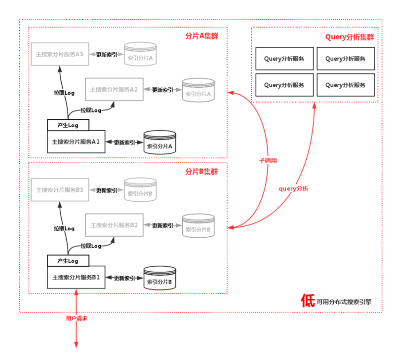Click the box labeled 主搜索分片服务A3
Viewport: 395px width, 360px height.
(x=59, y=54)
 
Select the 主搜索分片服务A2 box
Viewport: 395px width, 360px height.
(x=114, y=90)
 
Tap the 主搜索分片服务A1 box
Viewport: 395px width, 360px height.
(x=76, y=142)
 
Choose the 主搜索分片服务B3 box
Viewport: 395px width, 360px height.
(x=59, y=190)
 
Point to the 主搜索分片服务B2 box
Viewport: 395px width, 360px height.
(x=114, y=225)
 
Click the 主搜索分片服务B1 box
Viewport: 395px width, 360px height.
(x=76, y=277)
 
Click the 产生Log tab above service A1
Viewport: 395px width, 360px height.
(x=68, y=125)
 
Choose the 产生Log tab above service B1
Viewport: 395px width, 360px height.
(x=68, y=260)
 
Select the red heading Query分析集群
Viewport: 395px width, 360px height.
(x=349, y=37)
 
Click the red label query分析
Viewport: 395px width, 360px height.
(x=294, y=188)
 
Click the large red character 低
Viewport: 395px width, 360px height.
(x=308, y=301)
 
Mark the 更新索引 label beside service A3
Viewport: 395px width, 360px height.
(x=107, y=55)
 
